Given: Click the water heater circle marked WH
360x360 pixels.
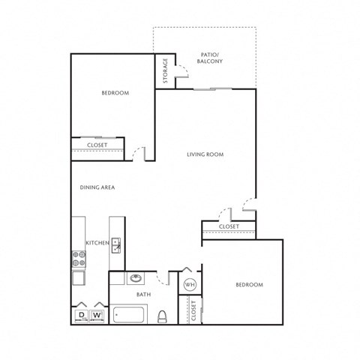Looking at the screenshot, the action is pyautogui.click(x=190, y=284).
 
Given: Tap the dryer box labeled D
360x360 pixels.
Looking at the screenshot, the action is pyautogui.click(x=82, y=316).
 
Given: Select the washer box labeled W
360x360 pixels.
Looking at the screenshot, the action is pyautogui.click(x=97, y=316).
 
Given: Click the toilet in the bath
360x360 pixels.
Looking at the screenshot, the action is pyautogui.click(x=162, y=316).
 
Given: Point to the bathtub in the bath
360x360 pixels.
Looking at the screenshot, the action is pyautogui.click(x=128, y=314).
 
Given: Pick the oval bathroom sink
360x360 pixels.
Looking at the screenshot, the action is pyautogui.click(x=136, y=278).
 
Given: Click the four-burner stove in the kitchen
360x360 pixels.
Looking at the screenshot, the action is pyautogui.click(x=79, y=259).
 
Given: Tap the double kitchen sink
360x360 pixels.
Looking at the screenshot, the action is pyautogui.click(x=116, y=245).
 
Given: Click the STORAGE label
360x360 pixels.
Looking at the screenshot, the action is pyautogui.click(x=165, y=70).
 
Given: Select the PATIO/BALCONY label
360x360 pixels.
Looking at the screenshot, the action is pyautogui.click(x=209, y=58).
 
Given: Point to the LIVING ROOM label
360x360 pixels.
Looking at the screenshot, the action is pyautogui.click(x=205, y=154).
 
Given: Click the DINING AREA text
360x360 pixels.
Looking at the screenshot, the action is pyautogui.click(x=97, y=187).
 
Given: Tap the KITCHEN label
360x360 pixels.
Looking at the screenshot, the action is pyautogui.click(x=97, y=243).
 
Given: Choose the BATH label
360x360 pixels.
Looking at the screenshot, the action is pyautogui.click(x=144, y=295).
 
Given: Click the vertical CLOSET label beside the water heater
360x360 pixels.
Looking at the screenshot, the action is pyautogui.click(x=193, y=310).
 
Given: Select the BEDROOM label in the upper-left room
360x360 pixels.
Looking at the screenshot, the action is pyautogui.click(x=115, y=93).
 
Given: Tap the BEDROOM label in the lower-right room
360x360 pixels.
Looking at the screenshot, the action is pyautogui.click(x=250, y=285).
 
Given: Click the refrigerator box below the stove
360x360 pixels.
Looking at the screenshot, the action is pyautogui.click(x=79, y=278).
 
